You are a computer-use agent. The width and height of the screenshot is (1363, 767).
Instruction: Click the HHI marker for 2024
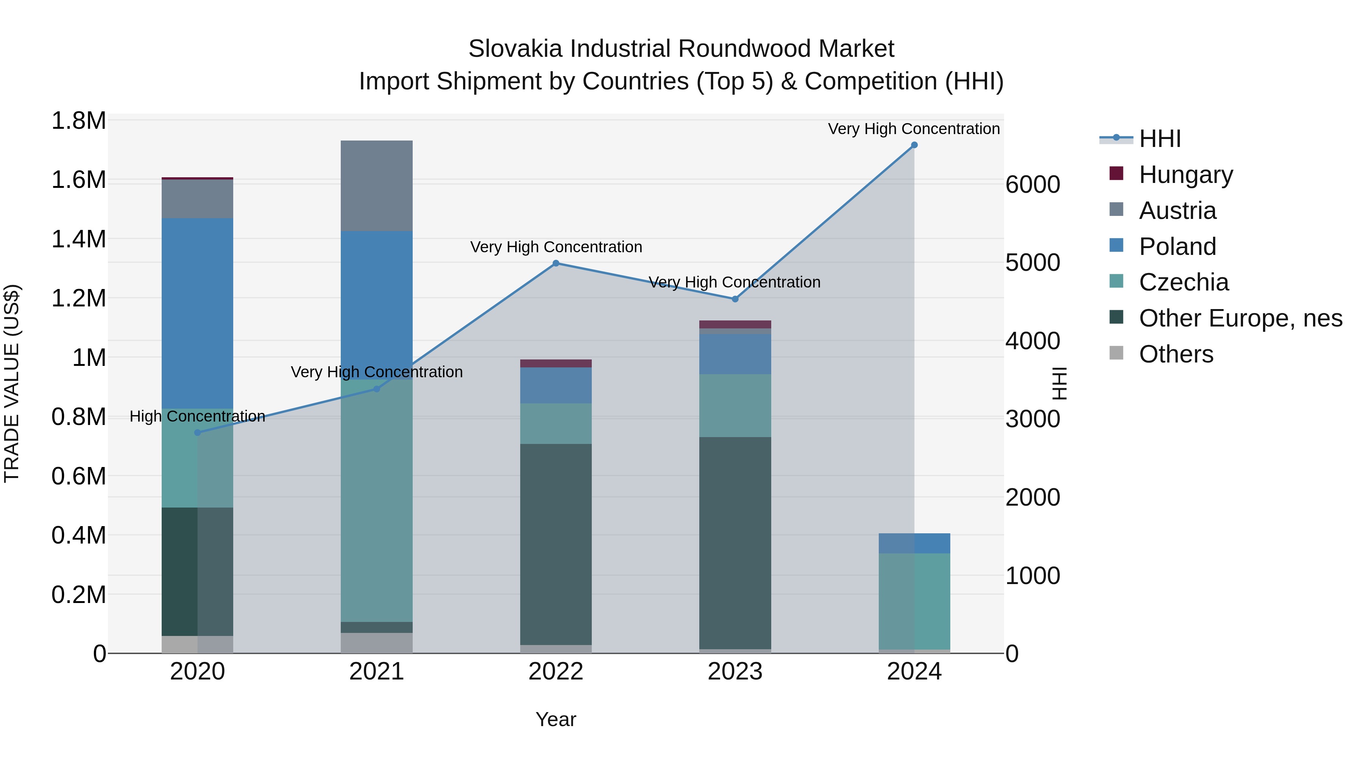pos(914,145)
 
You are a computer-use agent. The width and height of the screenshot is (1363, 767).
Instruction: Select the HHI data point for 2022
pos(555,263)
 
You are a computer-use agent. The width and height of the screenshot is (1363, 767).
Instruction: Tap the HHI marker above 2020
pos(197,433)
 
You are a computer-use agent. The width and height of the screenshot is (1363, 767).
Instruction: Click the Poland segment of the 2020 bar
pos(197,312)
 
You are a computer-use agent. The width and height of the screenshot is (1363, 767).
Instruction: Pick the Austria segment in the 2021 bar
pos(376,185)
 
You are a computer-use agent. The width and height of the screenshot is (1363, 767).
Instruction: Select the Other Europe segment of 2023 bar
pos(735,542)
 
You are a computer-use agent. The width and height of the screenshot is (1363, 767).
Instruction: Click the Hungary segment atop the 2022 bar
pos(555,363)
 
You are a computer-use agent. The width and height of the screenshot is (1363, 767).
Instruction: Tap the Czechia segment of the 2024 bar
pos(914,601)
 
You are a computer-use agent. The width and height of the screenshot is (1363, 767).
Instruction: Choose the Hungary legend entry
pos(1185,175)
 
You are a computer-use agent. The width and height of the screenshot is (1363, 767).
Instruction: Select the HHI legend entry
pos(1159,139)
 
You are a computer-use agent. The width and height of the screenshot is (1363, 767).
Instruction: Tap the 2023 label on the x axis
pos(735,672)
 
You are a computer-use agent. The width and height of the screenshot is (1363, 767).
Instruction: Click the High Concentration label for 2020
pos(197,417)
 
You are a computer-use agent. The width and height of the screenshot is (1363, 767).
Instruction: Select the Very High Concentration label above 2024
pos(914,129)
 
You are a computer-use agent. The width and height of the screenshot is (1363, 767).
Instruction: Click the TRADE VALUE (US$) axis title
pos(12,383)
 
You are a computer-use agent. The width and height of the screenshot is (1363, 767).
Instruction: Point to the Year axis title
pos(555,719)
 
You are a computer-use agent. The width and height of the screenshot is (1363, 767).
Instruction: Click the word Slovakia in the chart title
pos(515,49)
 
